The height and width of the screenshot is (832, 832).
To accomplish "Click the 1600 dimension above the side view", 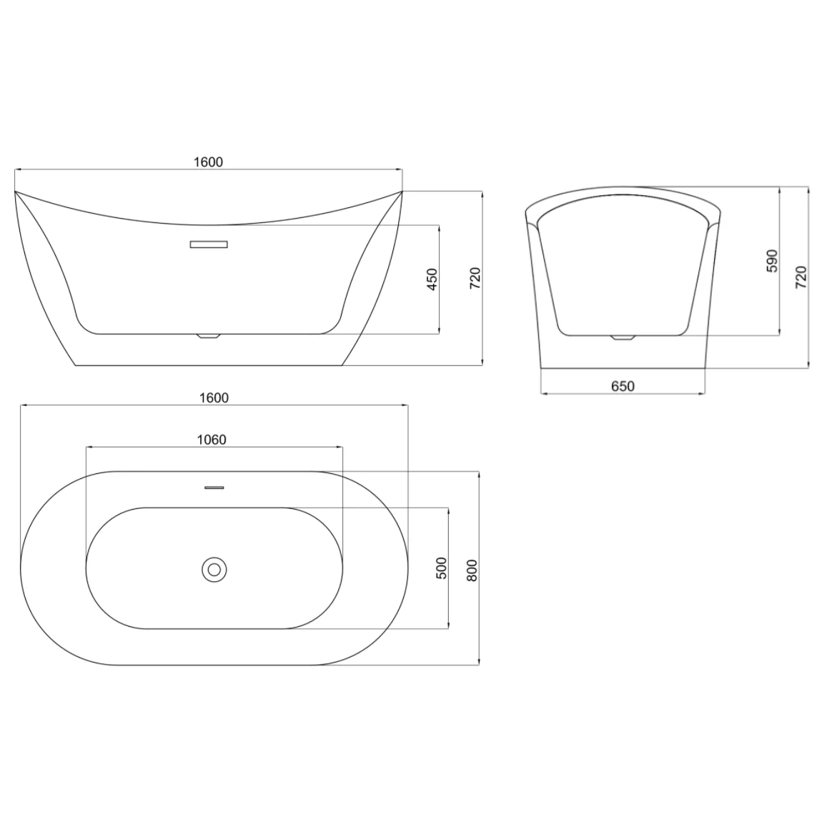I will [209, 162].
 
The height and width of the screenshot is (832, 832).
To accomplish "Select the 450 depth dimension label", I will [432, 279].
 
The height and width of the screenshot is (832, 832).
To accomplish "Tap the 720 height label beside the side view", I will [475, 278].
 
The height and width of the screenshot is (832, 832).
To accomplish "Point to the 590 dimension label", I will [772, 262].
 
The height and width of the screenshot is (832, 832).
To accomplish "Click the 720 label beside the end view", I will [801, 277].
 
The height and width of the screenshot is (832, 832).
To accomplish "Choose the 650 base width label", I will [623, 386].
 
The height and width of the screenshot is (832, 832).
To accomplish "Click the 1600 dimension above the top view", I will [214, 397].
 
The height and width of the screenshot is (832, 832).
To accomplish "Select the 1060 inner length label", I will [212, 440].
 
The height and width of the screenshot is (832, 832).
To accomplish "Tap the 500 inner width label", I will [441, 568].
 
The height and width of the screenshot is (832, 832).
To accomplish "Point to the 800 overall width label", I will [472, 568].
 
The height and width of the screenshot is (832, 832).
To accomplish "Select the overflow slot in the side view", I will [209, 244].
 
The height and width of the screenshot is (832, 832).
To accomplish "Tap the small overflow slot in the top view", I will [214, 488].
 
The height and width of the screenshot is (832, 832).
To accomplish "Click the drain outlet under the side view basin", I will [208, 336].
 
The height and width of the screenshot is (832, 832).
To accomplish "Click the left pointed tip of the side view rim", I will [16, 192].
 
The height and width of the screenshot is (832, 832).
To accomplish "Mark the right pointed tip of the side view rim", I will [402, 192].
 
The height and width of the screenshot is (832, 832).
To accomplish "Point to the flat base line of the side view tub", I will [208, 365].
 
